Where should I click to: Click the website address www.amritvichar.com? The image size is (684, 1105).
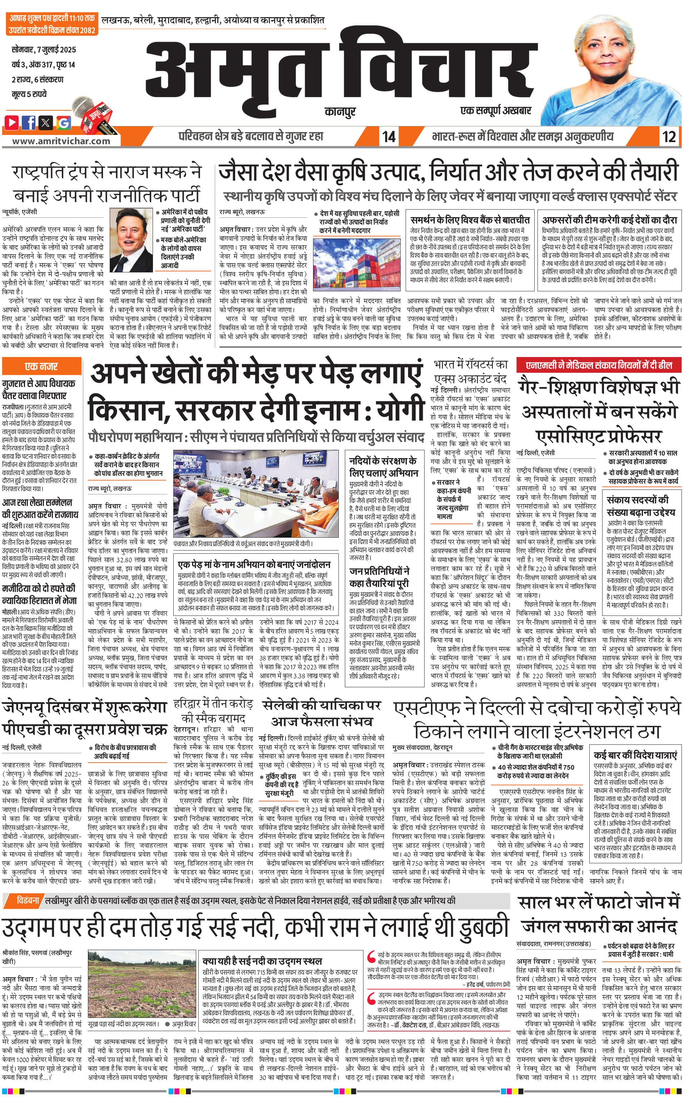tap(61, 141)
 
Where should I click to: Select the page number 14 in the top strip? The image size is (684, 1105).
tap(388, 136)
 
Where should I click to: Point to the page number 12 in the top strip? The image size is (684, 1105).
tap(669, 136)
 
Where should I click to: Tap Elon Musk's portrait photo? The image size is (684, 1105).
tap(132, 240)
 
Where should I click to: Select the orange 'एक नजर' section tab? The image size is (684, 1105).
tap(41, 366)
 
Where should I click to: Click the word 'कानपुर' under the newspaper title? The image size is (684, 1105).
tap(340, 111)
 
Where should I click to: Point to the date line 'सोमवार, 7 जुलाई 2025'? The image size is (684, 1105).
tap(44, 50)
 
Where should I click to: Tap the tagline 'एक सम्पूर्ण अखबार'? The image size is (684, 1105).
tap(496, 110)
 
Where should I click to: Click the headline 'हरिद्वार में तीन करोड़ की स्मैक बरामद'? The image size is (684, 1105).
tap(213, 711)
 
